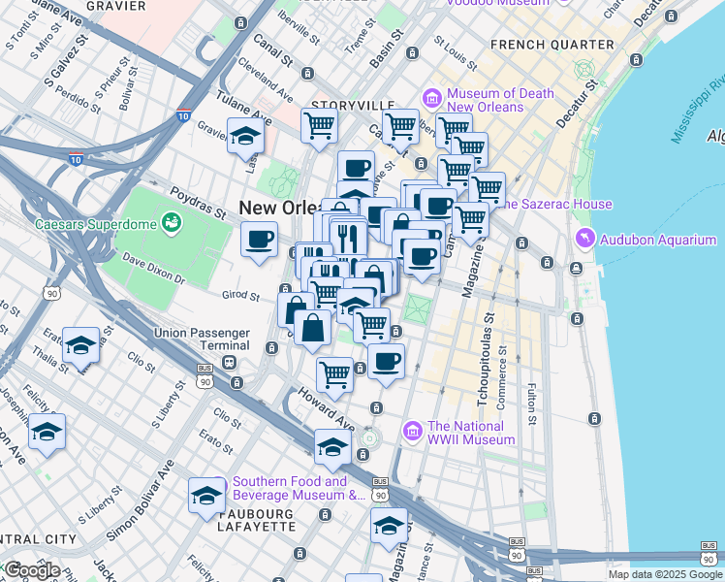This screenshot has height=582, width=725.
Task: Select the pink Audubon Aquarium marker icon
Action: [x=584, y=239]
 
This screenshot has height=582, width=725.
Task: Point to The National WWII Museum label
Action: [x=471, y=433]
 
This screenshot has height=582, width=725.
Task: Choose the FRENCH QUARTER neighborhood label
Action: [x=553, y=45]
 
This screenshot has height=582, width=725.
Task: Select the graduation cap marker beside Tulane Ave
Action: [x=246, y=138]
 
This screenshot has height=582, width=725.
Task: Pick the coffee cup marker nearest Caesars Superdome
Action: [x=259, y=239]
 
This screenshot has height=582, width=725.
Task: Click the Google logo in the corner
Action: [x=32, y=569]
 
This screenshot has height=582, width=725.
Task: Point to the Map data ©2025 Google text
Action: [x=664, y=574]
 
